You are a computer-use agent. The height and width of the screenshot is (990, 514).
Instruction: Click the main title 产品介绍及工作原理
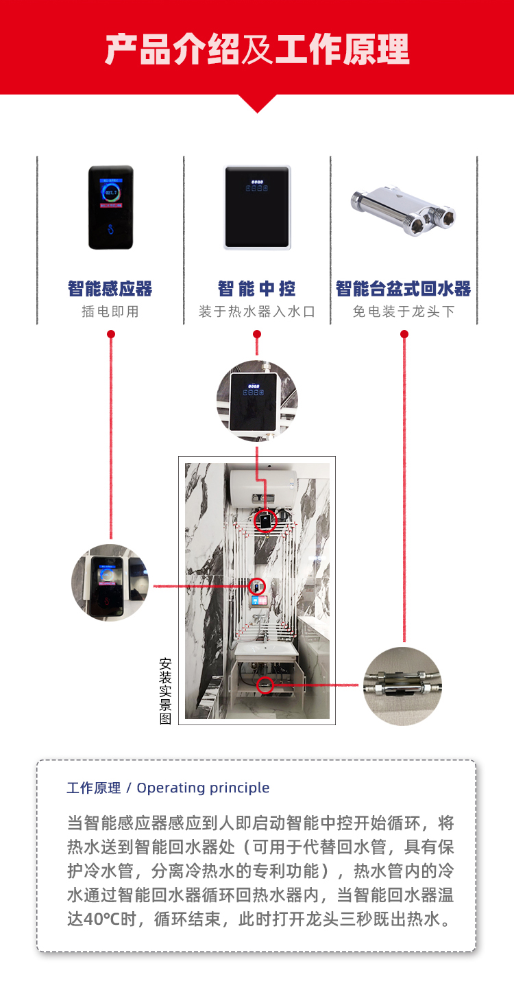tap(257, 49)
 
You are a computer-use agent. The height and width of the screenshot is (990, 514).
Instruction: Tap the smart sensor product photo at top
tap(110, 207)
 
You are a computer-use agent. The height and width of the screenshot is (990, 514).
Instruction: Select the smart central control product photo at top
tap(257, 207)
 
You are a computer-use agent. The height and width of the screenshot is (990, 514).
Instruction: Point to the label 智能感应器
tap(110, 289)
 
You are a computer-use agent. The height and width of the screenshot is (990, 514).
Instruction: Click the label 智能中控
tap(257, 289)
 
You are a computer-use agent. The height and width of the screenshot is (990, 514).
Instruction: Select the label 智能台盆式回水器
tap(404, 289)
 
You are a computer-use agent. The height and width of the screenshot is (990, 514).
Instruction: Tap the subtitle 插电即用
tap(110, 311)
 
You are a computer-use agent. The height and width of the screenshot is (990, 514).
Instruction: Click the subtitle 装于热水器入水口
tap(257, 311)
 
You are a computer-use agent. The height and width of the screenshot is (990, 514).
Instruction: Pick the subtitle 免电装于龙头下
tap(404, 311)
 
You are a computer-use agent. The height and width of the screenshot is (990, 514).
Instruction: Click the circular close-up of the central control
tap(257, 401)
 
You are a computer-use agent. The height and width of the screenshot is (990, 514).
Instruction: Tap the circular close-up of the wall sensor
tap(110, 582)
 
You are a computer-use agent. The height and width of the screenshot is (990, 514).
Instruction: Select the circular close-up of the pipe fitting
tap(403, 686)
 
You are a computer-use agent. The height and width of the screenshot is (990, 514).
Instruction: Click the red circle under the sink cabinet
tap(265, 684)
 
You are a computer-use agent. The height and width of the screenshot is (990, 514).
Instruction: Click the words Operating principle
tap(203, 788)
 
